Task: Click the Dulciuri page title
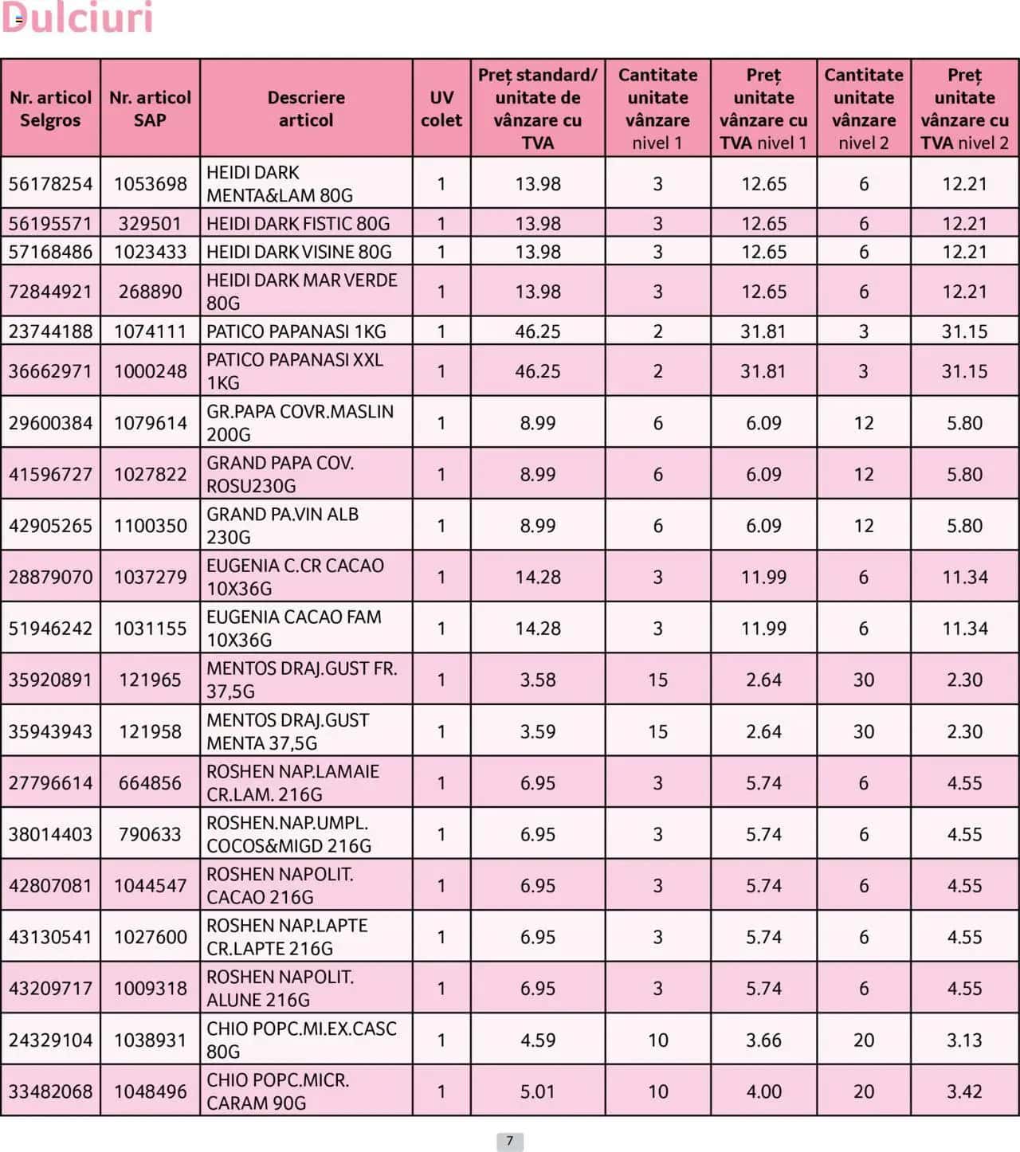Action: click(77, 18)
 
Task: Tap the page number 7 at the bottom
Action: click(510, 1141)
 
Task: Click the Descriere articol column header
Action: click(306, 108)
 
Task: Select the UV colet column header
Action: click(441, 108)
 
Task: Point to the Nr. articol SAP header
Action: click(150, 108)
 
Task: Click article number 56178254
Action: click(50, 184)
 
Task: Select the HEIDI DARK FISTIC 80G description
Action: click(298, 224)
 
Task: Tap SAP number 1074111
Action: click(150, 331)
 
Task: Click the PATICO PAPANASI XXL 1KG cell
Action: click(295, 371)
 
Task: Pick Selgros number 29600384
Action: click(50, 423)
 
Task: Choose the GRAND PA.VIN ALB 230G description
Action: click(283, 526)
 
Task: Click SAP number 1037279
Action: click(150, 577)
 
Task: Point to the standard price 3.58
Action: click(538, 680)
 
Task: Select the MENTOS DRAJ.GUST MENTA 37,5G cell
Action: click(288, 731)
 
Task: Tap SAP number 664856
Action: click(150, 783)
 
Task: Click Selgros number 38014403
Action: click(50, 834)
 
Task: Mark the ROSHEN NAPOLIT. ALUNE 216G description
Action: click(280, 989)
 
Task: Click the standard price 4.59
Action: click(538, 1040)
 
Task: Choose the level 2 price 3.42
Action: click(964, 1091)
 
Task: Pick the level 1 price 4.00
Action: click(763, 1091)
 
